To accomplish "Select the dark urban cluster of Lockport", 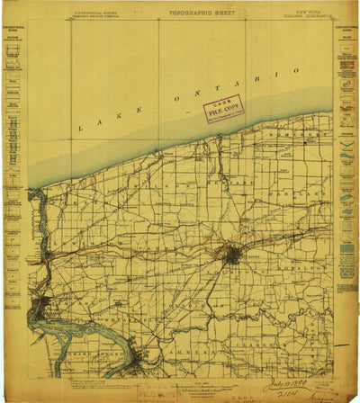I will point(232,255).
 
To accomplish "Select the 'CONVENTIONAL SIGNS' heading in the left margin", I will point(13,37).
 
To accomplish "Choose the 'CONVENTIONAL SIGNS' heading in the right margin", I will point(346,37).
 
